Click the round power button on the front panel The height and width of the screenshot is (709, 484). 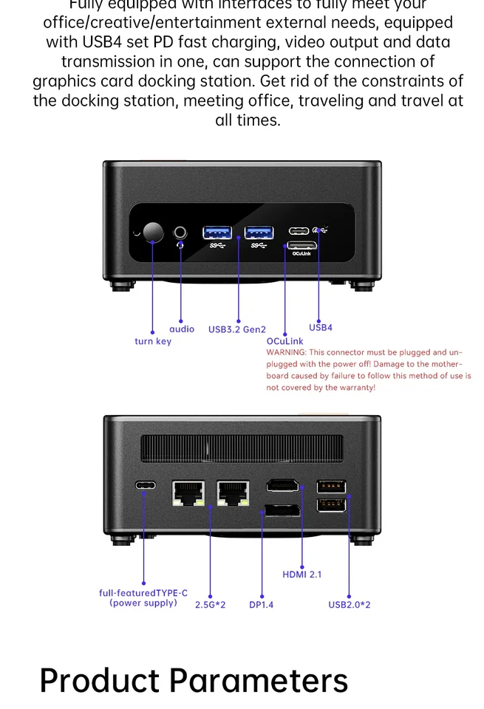pyautogui.click(x=153, y=232)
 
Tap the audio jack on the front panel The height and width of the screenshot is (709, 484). pyautogui.click(x=180, y=233)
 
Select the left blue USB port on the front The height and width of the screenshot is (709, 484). pyautogui.click(x=217, y=233)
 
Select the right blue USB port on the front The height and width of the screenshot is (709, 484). pyautogui.click(x=259, y=233)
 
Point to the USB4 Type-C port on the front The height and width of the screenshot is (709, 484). pyautogui.click(x=301, y=230)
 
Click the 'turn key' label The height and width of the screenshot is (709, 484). pyautogui.click(x=153, y=341)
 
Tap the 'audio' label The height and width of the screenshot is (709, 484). pyautogui.click(x=182, y=329)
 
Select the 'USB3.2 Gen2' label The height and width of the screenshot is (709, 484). pyautogui.click(x=236, y=329)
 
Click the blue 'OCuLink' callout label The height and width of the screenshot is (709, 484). pyautogui.click(x=284, y=341)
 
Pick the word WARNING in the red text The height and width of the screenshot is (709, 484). pyautogui.click(x=285, y=353)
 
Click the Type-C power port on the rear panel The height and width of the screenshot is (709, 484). pyautogui.click(x=146, y=486)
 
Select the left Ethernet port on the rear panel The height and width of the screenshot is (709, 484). pyautogui.click(x=188, y=493)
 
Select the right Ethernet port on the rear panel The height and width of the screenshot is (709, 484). pyautogui.click(x=233, y=493)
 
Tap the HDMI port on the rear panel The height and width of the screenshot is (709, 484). pyautogui.click(x=282, y=486)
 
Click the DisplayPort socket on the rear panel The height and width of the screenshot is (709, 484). pyautogui.click(x=282, y=510)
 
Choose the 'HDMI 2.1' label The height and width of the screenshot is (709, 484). pyautogui.click(x=301, y=574)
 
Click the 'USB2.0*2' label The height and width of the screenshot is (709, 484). pyautogui.click(x=350, y=605)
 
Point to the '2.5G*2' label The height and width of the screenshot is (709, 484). pyautogui.click(x=211, y=605)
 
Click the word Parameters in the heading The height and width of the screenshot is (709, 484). pyautogui.click(x=258, y=680)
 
